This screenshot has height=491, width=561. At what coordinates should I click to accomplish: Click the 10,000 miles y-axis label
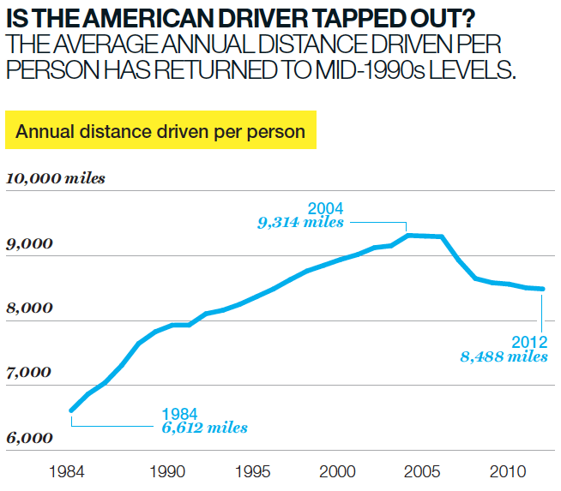pyautogui.click(x=56, y=178)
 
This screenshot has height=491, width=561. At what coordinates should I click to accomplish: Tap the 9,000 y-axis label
pyautogui.click(x=30, y=244)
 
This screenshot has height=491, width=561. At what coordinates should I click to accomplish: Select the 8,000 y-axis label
pyautogui.click(x=30, y=308)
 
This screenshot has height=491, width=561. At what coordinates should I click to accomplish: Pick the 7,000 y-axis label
pyautogui.click(x=30, y=373)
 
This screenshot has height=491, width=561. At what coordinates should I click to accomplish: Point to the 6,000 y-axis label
pyautogui.click(x=30, y=438)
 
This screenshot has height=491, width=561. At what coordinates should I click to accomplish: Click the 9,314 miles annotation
pyautogui.click(x=301, y=222)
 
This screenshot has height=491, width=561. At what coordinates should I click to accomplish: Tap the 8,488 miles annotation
pyautogui.click(x=504, y=356)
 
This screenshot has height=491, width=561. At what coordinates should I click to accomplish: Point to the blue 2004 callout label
pyautogui.click(x=325, y=208)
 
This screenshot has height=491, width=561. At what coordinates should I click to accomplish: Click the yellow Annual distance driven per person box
pyautogui.click(x=160, y=131)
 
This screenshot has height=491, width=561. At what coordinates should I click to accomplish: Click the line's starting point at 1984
pyautogui.click(x=72, y=410)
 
